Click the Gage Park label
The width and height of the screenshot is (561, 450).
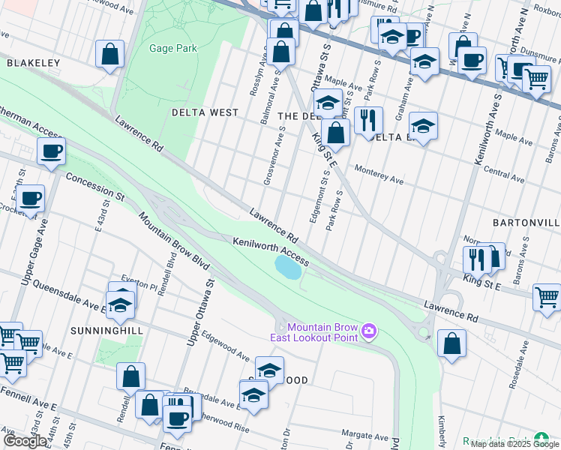pyautogui.click(x=172, y=48)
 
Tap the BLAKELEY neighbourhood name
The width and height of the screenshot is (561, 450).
pyautogui.click(x=33, y=64)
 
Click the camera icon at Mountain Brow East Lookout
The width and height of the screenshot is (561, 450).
pyautogui.click(x=368, y=331)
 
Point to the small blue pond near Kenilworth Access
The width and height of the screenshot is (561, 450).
pyautogui.click(x=287, y=265)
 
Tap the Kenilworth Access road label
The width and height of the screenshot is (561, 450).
pyautogui.click(x=270, y=251)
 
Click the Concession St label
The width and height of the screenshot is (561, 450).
pyautogui.click(x=94, y=187)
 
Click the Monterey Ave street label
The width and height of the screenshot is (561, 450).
pyautogui.click(x=379, y=175)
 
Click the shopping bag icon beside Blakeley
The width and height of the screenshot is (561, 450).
pyautogui.click(x=109, y=54)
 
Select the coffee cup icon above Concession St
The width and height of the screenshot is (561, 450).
pyautogui.click(x=51, y=151)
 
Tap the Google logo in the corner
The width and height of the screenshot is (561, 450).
pyautogui.click(x=25, y=441)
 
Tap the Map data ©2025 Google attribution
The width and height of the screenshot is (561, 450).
pyautogui.click(x=514, y=444)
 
